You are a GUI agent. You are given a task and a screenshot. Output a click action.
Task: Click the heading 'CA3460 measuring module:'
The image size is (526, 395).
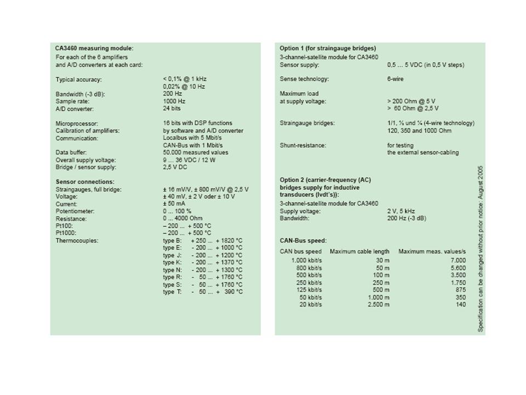point(94,48)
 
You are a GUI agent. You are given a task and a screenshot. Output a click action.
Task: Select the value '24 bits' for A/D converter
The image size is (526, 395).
point(171,109)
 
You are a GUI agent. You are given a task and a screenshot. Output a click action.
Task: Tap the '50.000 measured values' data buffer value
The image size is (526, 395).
point(196,153)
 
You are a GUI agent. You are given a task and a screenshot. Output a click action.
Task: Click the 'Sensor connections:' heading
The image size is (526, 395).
point(85,182)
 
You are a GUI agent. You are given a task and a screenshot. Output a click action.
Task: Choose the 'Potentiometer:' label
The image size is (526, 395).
point(75,211)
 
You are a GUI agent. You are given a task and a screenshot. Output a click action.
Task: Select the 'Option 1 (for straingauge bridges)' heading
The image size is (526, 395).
point(328,48)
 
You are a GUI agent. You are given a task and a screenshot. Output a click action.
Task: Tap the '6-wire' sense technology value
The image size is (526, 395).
point(395,79)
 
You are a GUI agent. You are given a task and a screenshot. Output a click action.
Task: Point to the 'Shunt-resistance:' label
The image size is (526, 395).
point(302,145)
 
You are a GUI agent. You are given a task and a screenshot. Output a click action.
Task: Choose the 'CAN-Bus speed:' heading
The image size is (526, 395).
point(303,240)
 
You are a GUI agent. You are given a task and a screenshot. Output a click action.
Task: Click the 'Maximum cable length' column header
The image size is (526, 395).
point(359,251)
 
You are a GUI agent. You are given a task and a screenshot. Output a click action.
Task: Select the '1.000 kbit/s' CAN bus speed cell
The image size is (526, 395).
point(306,260)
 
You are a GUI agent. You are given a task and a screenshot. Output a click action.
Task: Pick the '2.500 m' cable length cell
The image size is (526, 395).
point(379,304)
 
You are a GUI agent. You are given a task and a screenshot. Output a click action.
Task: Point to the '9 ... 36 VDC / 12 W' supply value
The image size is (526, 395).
point(190,160)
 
